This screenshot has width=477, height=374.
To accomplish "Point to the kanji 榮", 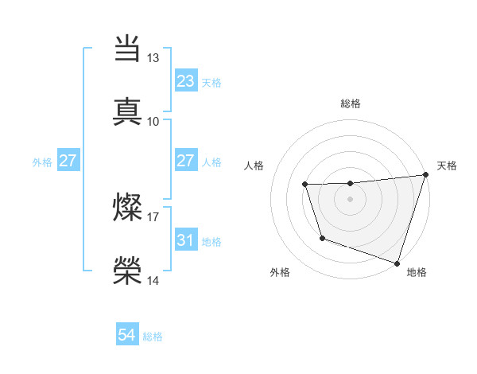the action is coord(128,271).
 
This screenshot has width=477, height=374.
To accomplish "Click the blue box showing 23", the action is coord(186,81).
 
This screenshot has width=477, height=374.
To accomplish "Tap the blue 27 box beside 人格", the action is coord(186,161).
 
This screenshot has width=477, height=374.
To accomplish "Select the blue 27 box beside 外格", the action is coord(68,161).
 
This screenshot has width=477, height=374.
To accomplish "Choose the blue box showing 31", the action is coord(186,240).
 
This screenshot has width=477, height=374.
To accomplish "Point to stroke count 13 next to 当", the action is coord(153,58).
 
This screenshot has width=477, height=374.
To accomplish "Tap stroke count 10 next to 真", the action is coord(153,121).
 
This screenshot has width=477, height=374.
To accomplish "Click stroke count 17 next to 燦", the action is coord(153,216).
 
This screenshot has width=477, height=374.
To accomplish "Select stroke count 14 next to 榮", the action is coord(153,281).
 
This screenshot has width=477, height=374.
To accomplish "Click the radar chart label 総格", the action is coord(351,103).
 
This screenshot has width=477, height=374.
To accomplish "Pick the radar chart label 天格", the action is coord(447,166).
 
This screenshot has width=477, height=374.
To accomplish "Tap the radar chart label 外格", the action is coord(280,272).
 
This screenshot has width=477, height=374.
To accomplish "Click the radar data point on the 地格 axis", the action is coord(397,263).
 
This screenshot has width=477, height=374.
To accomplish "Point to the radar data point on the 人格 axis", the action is coord(305,185).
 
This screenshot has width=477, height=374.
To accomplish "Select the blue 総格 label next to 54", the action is coord(153,337).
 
